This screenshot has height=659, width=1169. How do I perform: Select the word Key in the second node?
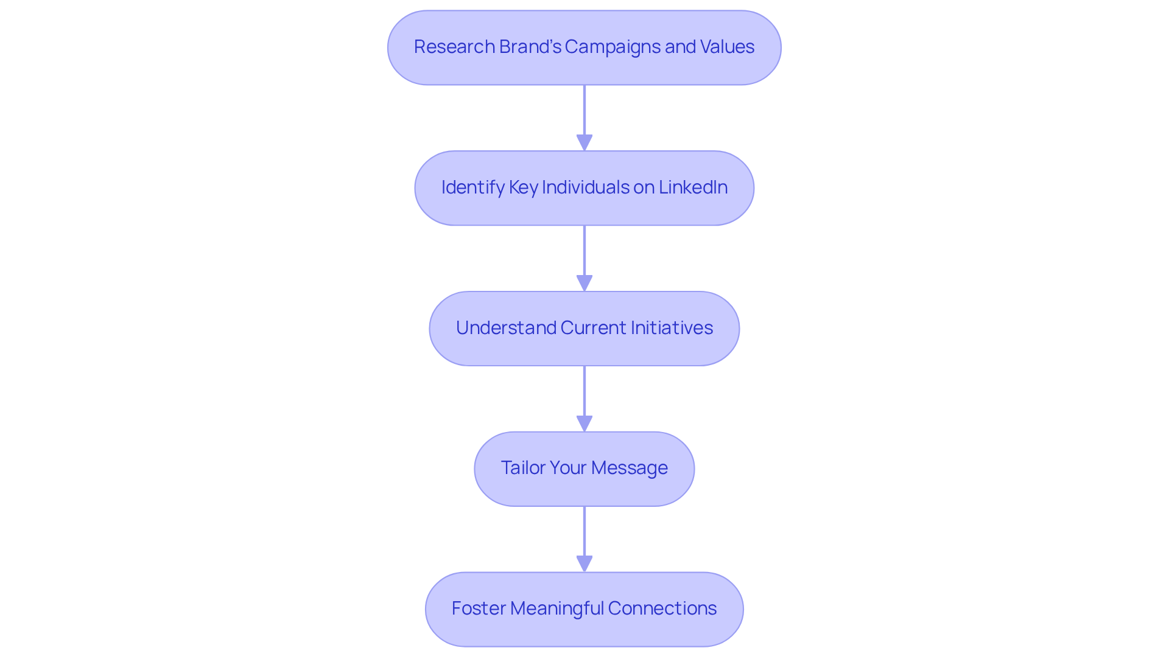coord(523,187)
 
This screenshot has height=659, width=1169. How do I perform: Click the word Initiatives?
coord(672,328)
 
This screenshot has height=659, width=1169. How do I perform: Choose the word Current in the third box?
coord(593,328)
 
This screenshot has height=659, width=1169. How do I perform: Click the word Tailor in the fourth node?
coord(522,468)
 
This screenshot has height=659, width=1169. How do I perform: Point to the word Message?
coord(629,468)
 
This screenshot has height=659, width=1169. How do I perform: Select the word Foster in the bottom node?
coord(479,608)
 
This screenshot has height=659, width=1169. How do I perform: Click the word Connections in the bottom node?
coord(662,608)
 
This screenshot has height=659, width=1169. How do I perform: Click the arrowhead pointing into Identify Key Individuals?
coord(584,142)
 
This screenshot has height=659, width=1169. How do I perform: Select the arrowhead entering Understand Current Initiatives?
coord(584,283)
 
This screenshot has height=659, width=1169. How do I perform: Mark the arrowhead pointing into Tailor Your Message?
coord(584,424)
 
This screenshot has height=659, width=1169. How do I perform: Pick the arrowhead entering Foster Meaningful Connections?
coord(584,563)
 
